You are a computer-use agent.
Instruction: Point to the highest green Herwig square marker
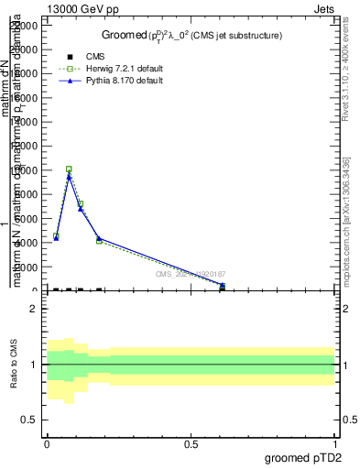click(69, 169)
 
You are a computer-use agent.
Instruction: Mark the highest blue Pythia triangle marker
click(69, 176)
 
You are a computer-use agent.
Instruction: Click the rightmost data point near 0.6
click(223, 286)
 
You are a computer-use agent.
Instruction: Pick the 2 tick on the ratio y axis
click(34, 310)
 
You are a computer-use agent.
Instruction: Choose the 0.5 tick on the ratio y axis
click(30, 420)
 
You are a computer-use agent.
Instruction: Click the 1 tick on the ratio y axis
click(34, 365)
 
